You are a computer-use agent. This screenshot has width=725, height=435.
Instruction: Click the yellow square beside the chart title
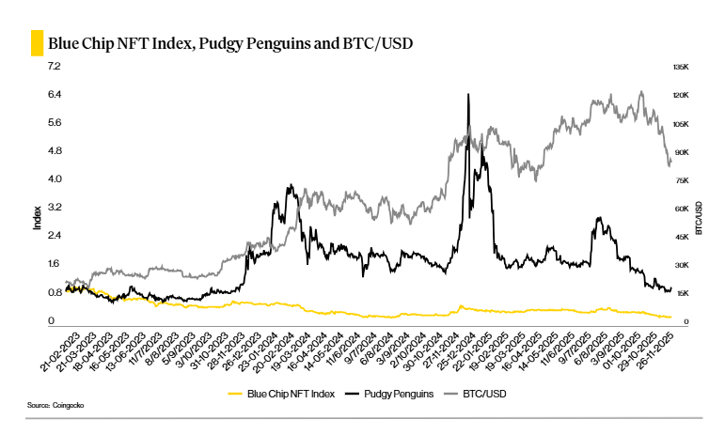37,43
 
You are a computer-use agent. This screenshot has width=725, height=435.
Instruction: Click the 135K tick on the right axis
681,68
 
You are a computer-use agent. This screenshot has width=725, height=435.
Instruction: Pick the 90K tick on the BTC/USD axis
681,152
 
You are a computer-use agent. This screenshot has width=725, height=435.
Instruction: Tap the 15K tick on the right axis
681,293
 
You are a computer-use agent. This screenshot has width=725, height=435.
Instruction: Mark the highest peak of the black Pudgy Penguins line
467,94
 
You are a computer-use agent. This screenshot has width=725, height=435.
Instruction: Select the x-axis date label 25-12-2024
454,351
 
